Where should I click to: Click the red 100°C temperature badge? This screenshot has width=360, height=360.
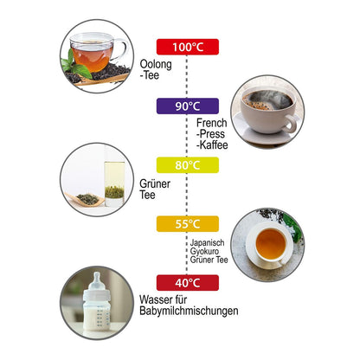[188, 47]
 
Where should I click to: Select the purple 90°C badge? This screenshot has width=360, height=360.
[188, 106]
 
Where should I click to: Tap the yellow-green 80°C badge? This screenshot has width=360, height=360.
[188, 165]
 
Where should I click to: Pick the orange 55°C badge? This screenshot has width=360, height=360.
[188, 224]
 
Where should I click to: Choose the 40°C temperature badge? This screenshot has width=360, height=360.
[188, 283]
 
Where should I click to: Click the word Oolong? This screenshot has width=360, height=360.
[156, 65]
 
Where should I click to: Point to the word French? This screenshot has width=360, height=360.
[212, 123]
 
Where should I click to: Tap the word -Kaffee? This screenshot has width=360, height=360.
[212, 145]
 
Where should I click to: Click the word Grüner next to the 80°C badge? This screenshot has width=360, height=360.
[155, 183]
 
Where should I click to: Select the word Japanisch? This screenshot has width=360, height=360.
[207, 243]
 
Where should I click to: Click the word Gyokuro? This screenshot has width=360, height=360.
[204, 251]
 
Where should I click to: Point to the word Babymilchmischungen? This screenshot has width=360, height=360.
[189, 311]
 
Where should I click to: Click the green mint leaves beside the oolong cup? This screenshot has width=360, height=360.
[75, 65]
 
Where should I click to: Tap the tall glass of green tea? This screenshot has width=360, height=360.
[114, 184]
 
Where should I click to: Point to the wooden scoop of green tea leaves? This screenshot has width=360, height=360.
[85, 199]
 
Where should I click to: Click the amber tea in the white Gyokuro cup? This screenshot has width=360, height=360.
[271, 244]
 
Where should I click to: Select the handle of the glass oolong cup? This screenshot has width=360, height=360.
[123, 49]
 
